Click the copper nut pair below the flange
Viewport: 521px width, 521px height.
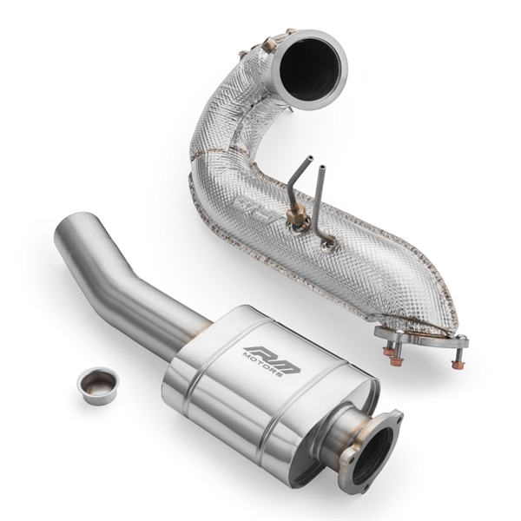pyautogui.click(x=393, y=353)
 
